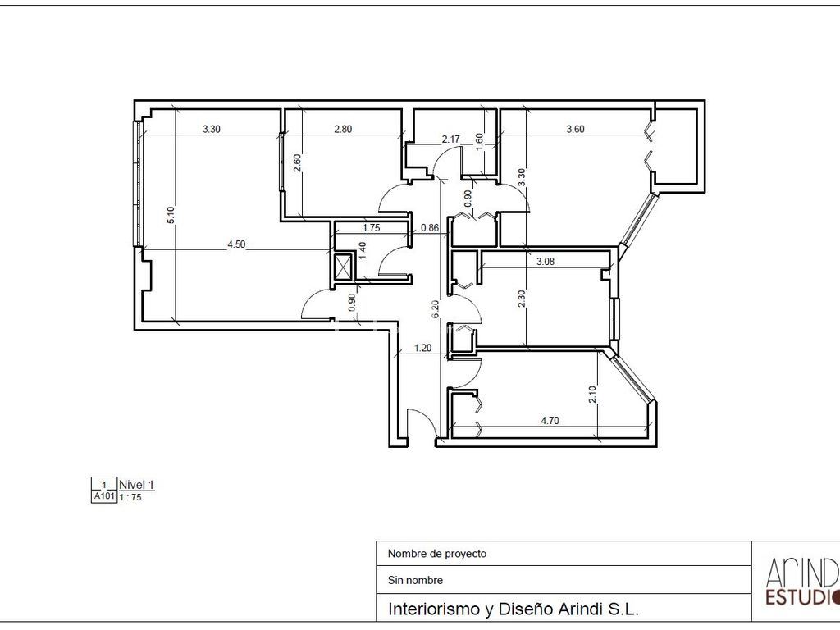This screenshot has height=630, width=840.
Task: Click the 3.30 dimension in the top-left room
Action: (x=212, y=129)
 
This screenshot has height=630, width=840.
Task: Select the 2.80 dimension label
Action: (x=343, y=129)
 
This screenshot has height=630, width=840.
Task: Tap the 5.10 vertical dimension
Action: (x=171, y=215)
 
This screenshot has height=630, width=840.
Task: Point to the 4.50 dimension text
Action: (x=236, y=244)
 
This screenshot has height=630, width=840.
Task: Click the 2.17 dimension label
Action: (x=450, y=139)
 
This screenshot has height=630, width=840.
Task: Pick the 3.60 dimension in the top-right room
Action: (x=575, y=129)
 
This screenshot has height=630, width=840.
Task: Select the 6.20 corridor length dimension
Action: (x=435, y=309)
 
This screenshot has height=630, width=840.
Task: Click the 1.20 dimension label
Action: (x=422, y=348)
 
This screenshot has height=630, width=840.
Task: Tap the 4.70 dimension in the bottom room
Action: (x=550, y=421)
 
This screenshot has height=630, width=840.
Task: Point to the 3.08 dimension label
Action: (x=546, y=262)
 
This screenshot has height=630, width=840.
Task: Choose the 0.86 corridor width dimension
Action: (x=430, y=228)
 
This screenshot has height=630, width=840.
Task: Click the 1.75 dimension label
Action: (x=372, y=228)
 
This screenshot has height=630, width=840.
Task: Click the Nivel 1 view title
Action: (x=137, y=485)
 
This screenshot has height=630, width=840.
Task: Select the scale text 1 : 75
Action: (x=130, y=497)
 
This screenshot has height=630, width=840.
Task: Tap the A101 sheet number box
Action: (x=104, y=496)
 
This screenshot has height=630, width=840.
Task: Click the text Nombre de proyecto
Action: (x=437, y=554)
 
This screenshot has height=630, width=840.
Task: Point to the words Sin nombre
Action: (x=415, y=580)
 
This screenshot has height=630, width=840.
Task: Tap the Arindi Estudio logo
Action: (x=801, y=582)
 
